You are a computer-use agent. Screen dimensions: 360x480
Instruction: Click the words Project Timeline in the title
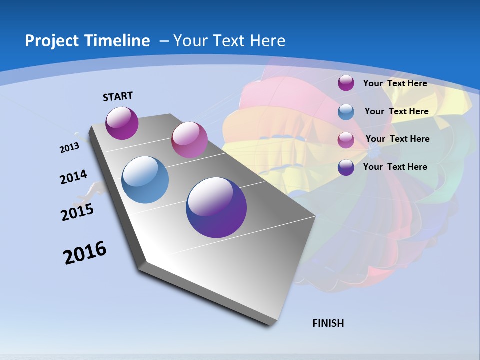(x=87, y=41)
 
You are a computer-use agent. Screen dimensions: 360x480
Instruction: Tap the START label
(x=118, y=96)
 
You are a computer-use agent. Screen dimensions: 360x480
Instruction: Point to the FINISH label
(x=328, y=323)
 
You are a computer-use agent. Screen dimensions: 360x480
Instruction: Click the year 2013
(x=69, y=148)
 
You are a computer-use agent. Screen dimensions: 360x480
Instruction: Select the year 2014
(x=73, y=177)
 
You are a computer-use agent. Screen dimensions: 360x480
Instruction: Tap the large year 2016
(x=85, y=253)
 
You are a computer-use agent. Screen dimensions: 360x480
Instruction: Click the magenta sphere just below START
(x=122, y=123)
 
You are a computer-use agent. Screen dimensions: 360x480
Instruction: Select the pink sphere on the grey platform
(x=189, y=140)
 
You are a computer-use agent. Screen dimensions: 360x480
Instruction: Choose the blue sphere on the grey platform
(x=145, y=180)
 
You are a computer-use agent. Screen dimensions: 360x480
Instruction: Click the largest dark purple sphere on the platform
(x=216, y=207)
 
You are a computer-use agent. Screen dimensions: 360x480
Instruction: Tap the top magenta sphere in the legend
(x=346, y=83)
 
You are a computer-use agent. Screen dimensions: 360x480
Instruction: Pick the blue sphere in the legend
(x=346, y=112)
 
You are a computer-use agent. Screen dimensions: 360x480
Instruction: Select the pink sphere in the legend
(x=346, y=140)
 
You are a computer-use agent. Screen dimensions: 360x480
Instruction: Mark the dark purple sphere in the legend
(x=346, y=167)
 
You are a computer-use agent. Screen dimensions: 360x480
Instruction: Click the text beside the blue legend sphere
(x=396, y=111)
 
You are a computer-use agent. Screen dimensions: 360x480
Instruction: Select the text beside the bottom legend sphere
(x=395, y=167)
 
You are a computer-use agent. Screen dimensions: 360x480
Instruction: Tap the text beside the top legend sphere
(x=395, y=83)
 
